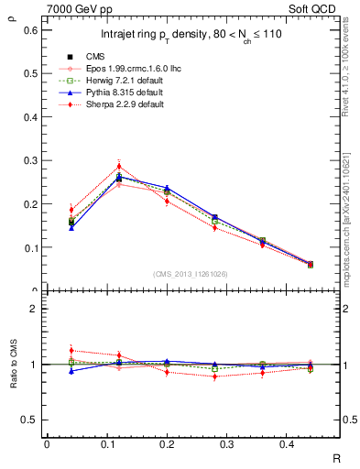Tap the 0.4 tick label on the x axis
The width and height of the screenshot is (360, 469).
coord(310,444)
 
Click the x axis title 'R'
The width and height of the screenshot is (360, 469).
coord(337,457)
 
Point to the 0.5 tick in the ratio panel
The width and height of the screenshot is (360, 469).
coord(30,420)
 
